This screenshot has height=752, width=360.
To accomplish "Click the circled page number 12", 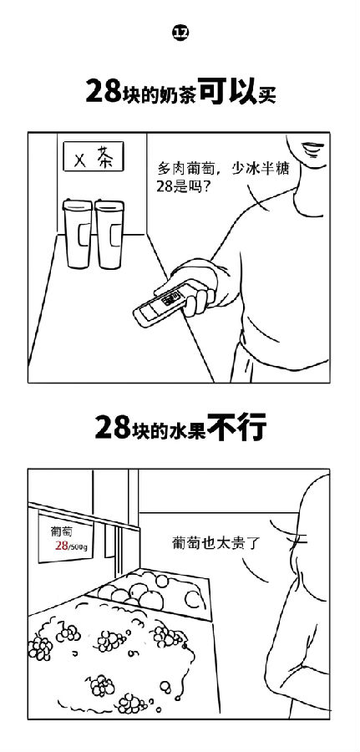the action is click(x=180, y=33).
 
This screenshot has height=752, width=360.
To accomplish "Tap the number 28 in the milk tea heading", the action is click(x=102, y=90).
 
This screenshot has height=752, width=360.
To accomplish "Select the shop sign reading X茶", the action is click(x=94, y=156).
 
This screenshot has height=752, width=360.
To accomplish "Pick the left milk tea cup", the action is click(x=78, y=234).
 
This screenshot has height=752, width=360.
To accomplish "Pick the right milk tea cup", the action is click(x=109, y=234).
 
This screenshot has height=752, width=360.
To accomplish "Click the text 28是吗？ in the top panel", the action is click(x=180, y=187).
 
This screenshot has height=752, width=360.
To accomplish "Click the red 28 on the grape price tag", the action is click(x=61, y=546).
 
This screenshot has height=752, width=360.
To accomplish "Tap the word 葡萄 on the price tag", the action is click(x=61, y=532).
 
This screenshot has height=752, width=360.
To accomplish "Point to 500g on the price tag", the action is click(x=79, y=546).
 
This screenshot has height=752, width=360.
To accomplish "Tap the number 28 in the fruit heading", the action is click(x=112, y=427).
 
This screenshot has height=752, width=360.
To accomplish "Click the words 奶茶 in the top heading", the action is click(x=181, y=92).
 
